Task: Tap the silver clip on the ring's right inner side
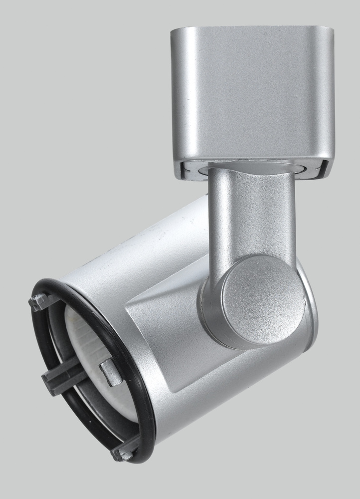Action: [111, 371]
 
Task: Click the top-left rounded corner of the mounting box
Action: [177, 33]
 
